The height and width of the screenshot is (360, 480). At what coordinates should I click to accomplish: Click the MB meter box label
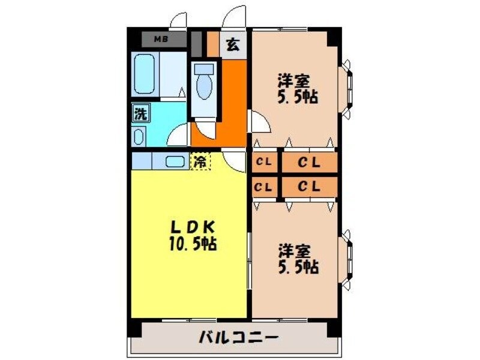tap(160, 40)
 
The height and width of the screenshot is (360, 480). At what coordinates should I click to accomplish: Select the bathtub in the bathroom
tap(146, 74)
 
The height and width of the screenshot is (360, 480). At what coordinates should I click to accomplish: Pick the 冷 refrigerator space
tap(201, 161)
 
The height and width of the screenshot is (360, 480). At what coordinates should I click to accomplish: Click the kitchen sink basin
tap(175, 161)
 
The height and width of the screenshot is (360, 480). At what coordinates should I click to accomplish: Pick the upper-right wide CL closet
tap(310, 162)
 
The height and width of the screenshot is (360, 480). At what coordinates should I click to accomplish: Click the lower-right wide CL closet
tap(310, 187)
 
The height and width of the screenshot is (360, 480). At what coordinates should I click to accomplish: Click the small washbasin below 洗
tap(139, 136)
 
